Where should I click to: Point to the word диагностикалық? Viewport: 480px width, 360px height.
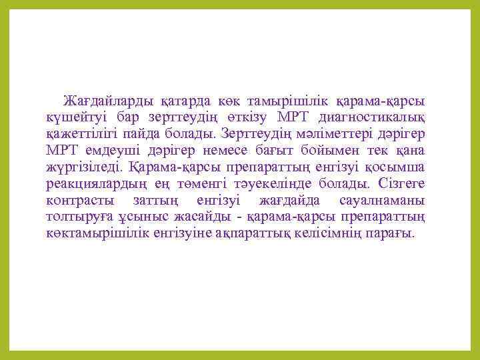point(379,118)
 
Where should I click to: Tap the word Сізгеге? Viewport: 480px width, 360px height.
point(402,183)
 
